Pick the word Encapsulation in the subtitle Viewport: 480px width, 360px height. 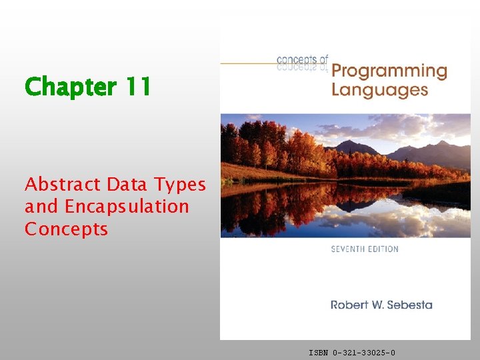[x=127, y=207]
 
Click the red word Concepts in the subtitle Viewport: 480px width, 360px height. [x=66, y=229]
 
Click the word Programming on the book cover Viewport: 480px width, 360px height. [x=389, y=71]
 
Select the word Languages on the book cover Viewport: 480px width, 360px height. [x=379, y=89]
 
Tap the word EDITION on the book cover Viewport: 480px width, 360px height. [x=382, y=249]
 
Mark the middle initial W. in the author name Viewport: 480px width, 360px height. [x=376, y=305]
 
